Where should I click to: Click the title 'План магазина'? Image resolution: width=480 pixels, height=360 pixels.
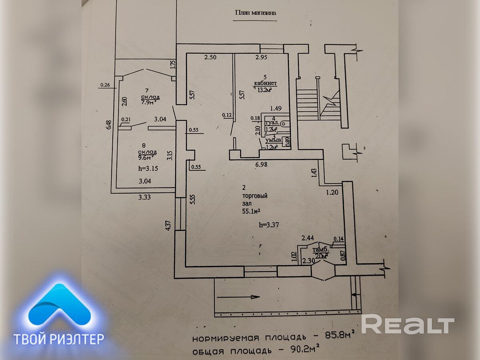pos(255,12)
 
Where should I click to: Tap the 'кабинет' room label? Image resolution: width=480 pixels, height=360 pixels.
pos(265,83)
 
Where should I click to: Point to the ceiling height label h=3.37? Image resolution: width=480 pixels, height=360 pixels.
pos(269,225)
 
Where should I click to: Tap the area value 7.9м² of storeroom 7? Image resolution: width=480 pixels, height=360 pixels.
pos(148,102)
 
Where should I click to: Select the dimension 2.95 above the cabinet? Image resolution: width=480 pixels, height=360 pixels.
pos(261,57)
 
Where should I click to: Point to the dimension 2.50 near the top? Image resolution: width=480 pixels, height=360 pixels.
pos(210,57)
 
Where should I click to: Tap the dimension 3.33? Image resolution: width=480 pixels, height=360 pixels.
pos(145,197)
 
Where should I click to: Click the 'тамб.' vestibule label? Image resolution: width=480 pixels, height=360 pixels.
pos(319,250)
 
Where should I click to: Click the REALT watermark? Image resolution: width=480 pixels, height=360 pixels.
pos(408,324)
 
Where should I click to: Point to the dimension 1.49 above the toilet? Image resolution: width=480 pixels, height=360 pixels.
pos(276,108)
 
